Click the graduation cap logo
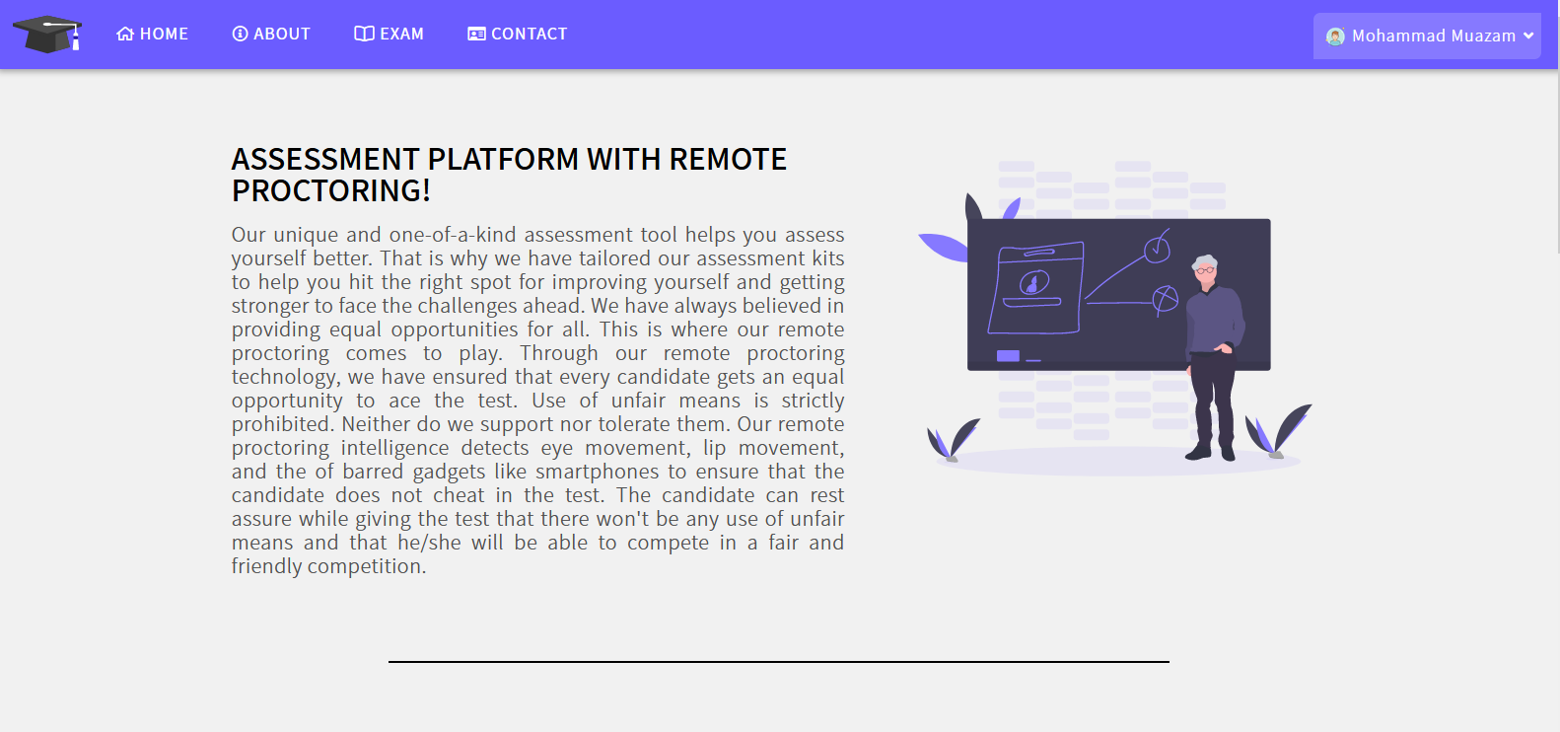(x=47, y=34)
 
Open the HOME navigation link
(x=153, y=34)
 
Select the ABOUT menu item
(x=271, y=34)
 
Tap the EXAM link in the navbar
(x=389, y=34)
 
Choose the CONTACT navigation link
(x=518, y=34)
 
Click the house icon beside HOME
(x=124, y=34)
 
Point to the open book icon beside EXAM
(x=364, y=34)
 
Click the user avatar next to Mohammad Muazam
(x=1335, y=37)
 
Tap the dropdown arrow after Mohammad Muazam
(x=1528, y=36)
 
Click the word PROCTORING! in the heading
(x=330, y=190)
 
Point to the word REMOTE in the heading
(x=728, y=159)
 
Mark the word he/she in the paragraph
(x=419, y=543)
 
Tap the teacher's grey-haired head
(x=1205, y=269)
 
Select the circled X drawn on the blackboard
(x=1165, y=300)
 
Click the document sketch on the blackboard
(x=1035, y=288)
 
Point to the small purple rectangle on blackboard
(x=1008, y=356)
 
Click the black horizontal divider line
(x=779, y=662)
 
